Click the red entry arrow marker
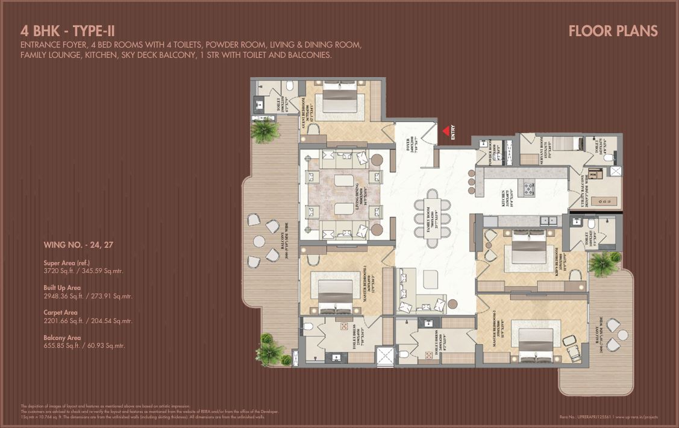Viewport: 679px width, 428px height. (446, 130)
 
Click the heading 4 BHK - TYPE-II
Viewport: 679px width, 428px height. (67, 31)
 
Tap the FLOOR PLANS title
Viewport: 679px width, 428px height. (613, 31)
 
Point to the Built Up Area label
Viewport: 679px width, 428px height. (61, 288)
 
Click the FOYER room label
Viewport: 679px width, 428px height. (411, 143)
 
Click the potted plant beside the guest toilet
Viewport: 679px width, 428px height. (264, 130)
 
